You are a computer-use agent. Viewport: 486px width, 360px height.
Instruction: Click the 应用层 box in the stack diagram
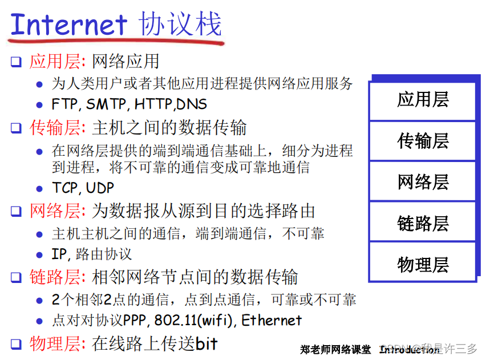(x=423, y=100)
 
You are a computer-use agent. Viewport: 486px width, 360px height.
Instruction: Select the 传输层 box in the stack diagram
(x=423, y=140)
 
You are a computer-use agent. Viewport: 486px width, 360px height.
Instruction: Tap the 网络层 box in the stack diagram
(x=423, y=181)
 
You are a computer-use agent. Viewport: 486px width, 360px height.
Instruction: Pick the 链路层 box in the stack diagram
(x=423, y=223)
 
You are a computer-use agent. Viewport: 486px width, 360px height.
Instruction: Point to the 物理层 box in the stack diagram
(x=423, y=264)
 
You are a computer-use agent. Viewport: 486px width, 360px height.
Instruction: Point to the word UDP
(x=100, y=188)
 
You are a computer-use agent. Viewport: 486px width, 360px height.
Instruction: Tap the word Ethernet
(x=272, y=320)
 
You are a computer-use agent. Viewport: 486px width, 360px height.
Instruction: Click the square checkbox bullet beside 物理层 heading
(x=17, y=344)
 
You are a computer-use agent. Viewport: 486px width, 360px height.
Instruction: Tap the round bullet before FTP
(x=39, y=105)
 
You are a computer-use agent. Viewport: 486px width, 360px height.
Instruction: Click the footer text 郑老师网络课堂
(x=335, y=349)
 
